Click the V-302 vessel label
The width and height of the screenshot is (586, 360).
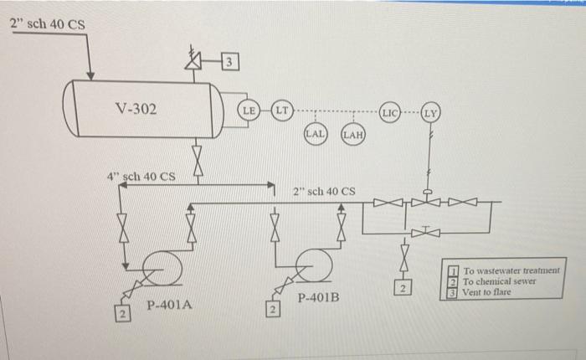click(135, 108)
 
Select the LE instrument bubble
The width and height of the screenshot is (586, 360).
click(249, 110)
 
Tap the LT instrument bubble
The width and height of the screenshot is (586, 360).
click(282, 110)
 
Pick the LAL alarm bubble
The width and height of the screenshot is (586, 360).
click(316, 133)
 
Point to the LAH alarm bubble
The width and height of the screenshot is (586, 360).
click(352, 133)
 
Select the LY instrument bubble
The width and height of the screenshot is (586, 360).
click(431, 111)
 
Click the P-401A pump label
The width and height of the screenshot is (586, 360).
click(170, 306)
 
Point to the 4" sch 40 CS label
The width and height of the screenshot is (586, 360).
click(141, 177)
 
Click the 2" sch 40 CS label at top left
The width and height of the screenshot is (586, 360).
click(47, 23)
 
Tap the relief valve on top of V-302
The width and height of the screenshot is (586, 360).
click(195, 60)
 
